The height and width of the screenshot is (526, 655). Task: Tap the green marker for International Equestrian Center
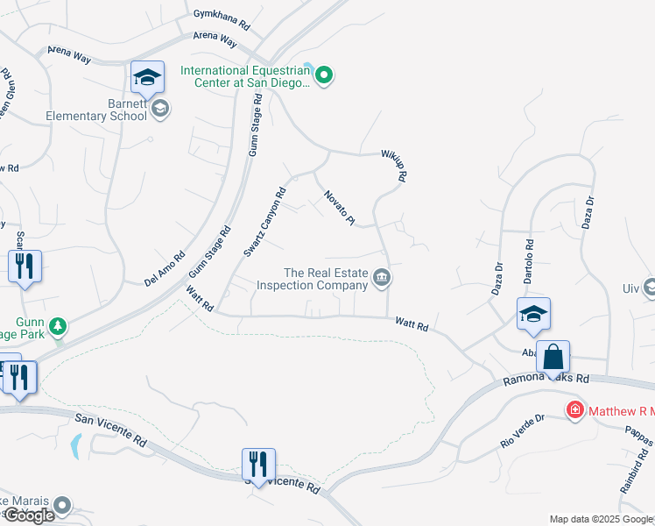click(324, 76)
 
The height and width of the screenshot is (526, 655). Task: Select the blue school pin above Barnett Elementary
click(148, 78)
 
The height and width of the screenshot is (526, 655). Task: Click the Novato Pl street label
click(338, 208)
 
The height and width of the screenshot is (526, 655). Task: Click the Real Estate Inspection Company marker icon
click(382, 278)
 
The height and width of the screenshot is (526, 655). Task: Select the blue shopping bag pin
click(553, 357)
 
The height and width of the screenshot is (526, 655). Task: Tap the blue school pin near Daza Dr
click(532, 316)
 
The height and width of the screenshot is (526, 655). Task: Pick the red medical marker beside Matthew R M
click(574, 409)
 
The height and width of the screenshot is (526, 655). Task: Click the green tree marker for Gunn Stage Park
click(58, 327)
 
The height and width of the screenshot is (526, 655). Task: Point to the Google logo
click(29, 515)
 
